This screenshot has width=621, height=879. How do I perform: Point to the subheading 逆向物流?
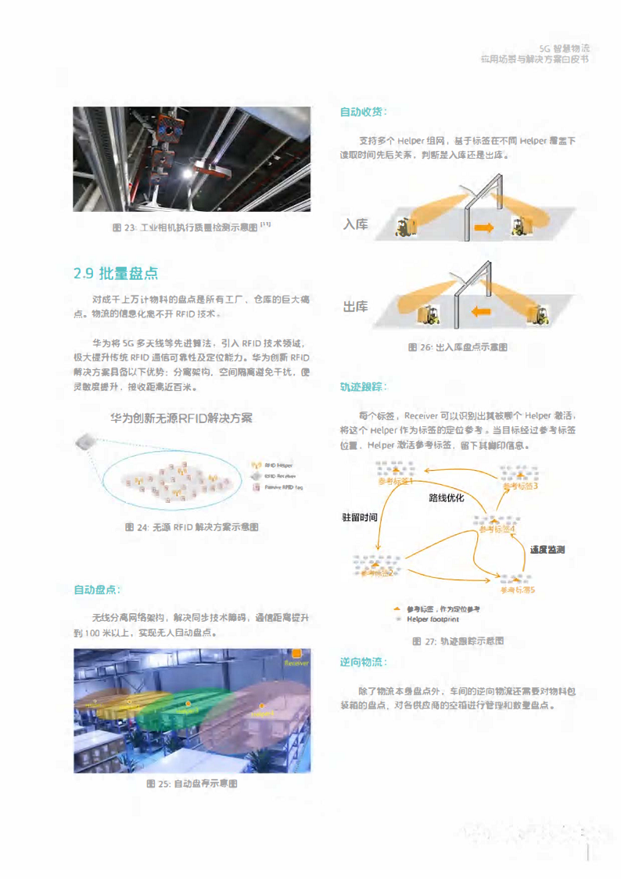tap(363, 662)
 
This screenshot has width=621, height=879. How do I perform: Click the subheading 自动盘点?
tap(97, 589)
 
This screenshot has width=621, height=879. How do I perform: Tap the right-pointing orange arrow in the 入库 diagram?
tap(485, 228)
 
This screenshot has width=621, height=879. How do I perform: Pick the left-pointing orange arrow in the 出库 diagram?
tap(482, 312)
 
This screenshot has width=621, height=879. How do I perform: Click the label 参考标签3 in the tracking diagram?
tap(520, 486)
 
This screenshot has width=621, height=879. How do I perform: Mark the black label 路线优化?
tap(447, 497)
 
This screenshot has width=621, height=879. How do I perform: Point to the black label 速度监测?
tap(547, 550)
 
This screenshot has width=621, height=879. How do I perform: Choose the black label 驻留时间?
tap(360, 517)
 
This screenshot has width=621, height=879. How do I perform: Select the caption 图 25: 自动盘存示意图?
tap(192, 783)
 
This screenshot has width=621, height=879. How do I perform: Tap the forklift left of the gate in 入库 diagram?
tap(405, 228)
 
